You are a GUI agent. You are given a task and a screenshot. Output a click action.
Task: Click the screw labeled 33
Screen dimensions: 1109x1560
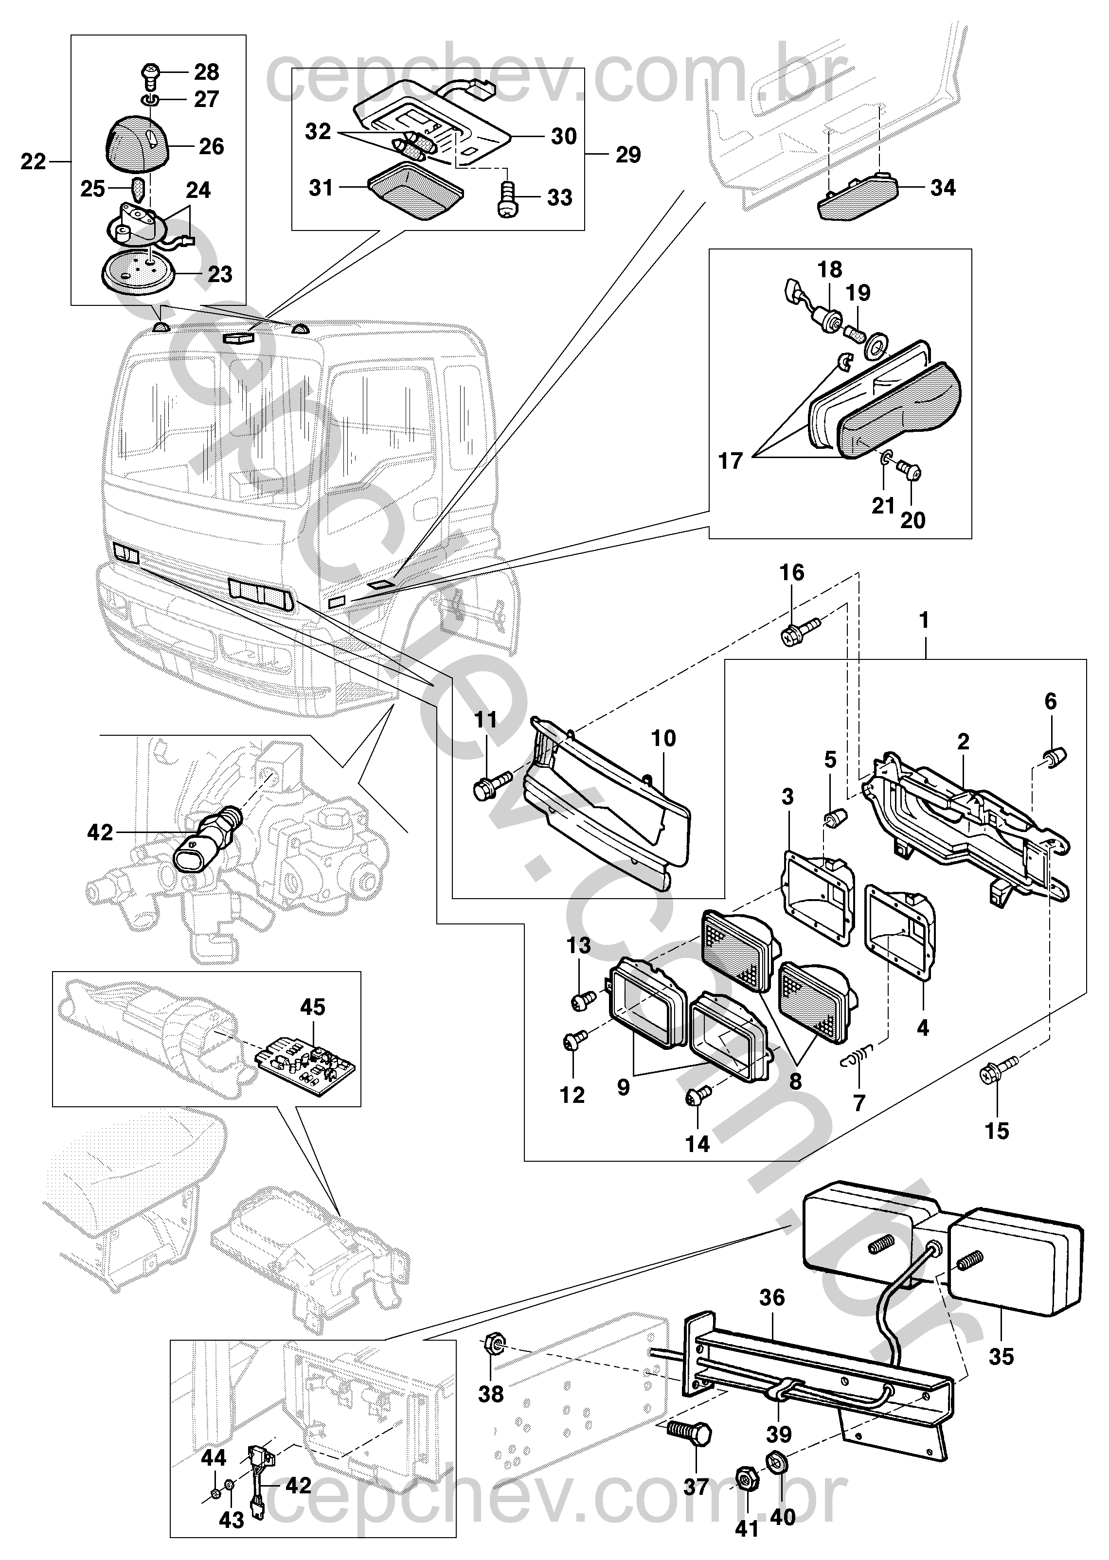(x=507, y=199)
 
